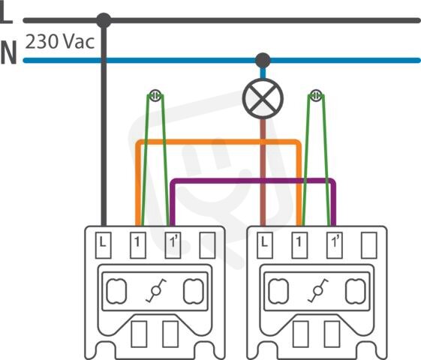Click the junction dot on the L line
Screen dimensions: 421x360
pyautogui.click(x=104, y=20)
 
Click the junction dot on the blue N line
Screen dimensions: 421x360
pyautogui.click(x=263, y=60)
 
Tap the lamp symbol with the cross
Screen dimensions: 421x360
pyautogui.click(x=263, y=98)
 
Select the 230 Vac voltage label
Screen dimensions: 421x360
pyautogui.click(x=60, y=42)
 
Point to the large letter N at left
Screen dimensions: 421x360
pyautogui.click(x=8, y=52)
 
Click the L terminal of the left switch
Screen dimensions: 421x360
pyautogui.click(x=104, y=245)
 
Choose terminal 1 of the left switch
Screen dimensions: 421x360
pyautogui.click(x=138, y=245)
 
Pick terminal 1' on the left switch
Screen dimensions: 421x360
pyautogui.click(x=173, y=245)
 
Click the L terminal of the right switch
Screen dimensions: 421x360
pyautogui.click(x=265, y=245)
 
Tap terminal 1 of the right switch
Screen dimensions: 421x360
pyautogui.click(x=299, y=245)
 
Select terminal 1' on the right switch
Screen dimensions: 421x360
pyautogui.click(x=335, y=245)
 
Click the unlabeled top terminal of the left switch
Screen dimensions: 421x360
pyautogui.click(x=207, y=245)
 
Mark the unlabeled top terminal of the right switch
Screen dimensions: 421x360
pyautogui.click(x=369, y=245)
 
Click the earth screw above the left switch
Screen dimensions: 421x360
pyautogui.click(x=155, y=95)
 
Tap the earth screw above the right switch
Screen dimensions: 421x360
pyautogui.click(x=316, y=95)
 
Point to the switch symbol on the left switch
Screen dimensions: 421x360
pyautogui.click(x=156, y=291)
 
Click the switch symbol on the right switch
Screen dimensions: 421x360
pyautogui.click(x=318, y=291)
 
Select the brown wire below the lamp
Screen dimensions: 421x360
pyautogui.click(x=263, y=172)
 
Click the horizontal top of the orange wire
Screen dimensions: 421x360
pyautogui.click(x=218, y=142)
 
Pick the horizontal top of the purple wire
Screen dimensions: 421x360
pyautogui.click(x=253, y=181)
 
